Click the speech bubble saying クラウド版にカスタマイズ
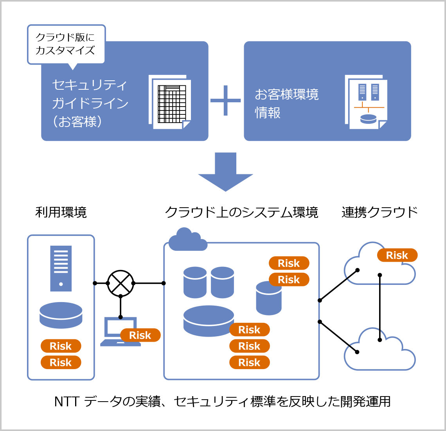click(66, 44)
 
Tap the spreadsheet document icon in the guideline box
click(170, 102)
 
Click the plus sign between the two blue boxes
click(226, 101)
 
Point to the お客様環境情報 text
click(287, 103)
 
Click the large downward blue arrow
click(226, 172)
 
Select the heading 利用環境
click(61, 212)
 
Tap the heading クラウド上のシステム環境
click(241, 212)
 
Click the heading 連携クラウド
click(379, 212)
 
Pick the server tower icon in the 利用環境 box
click(61, 268)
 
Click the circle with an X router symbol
click(120, 283)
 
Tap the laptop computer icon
click(117, 332)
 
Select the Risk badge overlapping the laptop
click(140, 335)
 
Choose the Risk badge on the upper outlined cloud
click(397, 255)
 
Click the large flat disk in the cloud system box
click(209, 321)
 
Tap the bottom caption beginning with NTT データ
click(223, 402)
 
